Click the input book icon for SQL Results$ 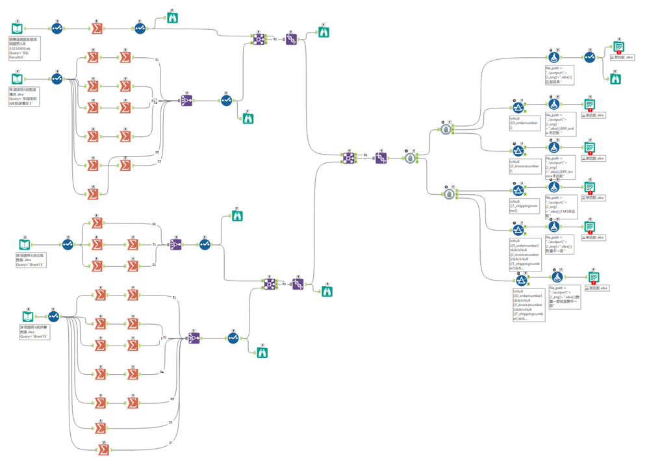[x=18, y=29]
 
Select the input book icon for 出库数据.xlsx [x=25, y=245]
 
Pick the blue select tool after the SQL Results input [x=57, y=29]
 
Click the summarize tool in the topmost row [x=96, y=29]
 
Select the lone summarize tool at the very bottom [x=103, y=449]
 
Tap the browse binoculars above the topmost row [x=172, y=18]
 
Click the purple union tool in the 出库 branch [x=176, y=245]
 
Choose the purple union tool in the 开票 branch [x=194, y=338]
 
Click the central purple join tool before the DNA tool [x=349, y=158]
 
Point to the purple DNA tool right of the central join [x=381, y=158]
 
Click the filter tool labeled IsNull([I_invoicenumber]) [x=518, y=151]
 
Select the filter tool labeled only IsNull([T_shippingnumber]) [x=518, y=190]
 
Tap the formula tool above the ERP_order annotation [x=554, y=104]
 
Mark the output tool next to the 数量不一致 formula [x=589, y=227]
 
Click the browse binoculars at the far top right [x=616, y=79]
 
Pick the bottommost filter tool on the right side [x=521, y=281]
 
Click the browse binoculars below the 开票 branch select [x=262, y=352]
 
